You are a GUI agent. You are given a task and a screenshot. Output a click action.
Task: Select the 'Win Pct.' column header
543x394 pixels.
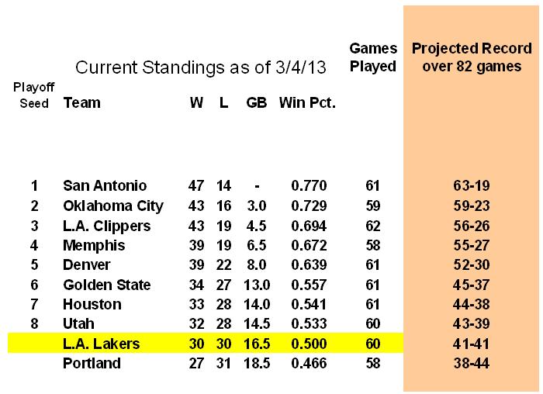pos(307,102)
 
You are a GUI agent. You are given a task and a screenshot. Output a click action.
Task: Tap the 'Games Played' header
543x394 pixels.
pos(373,57)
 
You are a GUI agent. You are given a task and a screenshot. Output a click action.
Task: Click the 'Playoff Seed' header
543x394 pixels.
pos(33,95)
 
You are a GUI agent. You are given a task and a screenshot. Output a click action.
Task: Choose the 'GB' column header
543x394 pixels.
pos(257,102)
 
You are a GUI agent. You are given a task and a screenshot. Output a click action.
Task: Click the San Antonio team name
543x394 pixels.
pos(105,186)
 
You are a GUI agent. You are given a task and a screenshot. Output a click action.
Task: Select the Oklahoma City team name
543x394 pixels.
pos(113,206)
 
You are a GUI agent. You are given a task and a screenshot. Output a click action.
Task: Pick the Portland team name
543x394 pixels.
pos(92,363)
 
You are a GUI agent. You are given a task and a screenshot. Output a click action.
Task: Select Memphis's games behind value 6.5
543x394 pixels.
pos(257,246)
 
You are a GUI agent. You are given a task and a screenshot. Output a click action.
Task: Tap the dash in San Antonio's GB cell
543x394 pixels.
pos(257,186)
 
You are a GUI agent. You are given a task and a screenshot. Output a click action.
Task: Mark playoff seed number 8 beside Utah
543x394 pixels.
pos(34,324)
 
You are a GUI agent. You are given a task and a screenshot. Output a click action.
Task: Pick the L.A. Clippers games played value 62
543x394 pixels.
pos(373,226)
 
